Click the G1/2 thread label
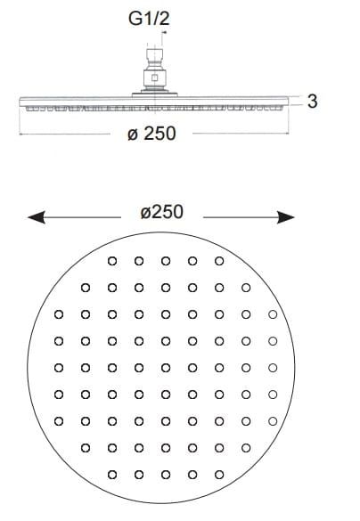click(149, 19)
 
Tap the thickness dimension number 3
click(312, 101)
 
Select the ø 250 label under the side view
click(151, 134)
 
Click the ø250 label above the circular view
click(161, 212)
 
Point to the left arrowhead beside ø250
click(37, 217)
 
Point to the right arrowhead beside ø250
click(285, 217)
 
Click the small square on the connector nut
click(154, 78)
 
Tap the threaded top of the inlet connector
click(154, 53)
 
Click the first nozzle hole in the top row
click(112, 261)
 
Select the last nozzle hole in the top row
click(219, 261)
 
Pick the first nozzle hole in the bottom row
click(112, 475)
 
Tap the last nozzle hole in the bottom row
click(219, 475)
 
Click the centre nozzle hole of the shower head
click(166, 368)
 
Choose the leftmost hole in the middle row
click(59, 368)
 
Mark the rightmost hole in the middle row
click(273, 368)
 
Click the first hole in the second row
click(86, 288)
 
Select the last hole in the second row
click(246, 288)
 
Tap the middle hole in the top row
click(166, 261)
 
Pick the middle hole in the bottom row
click(166, 475)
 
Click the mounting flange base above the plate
click(154, 94)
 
